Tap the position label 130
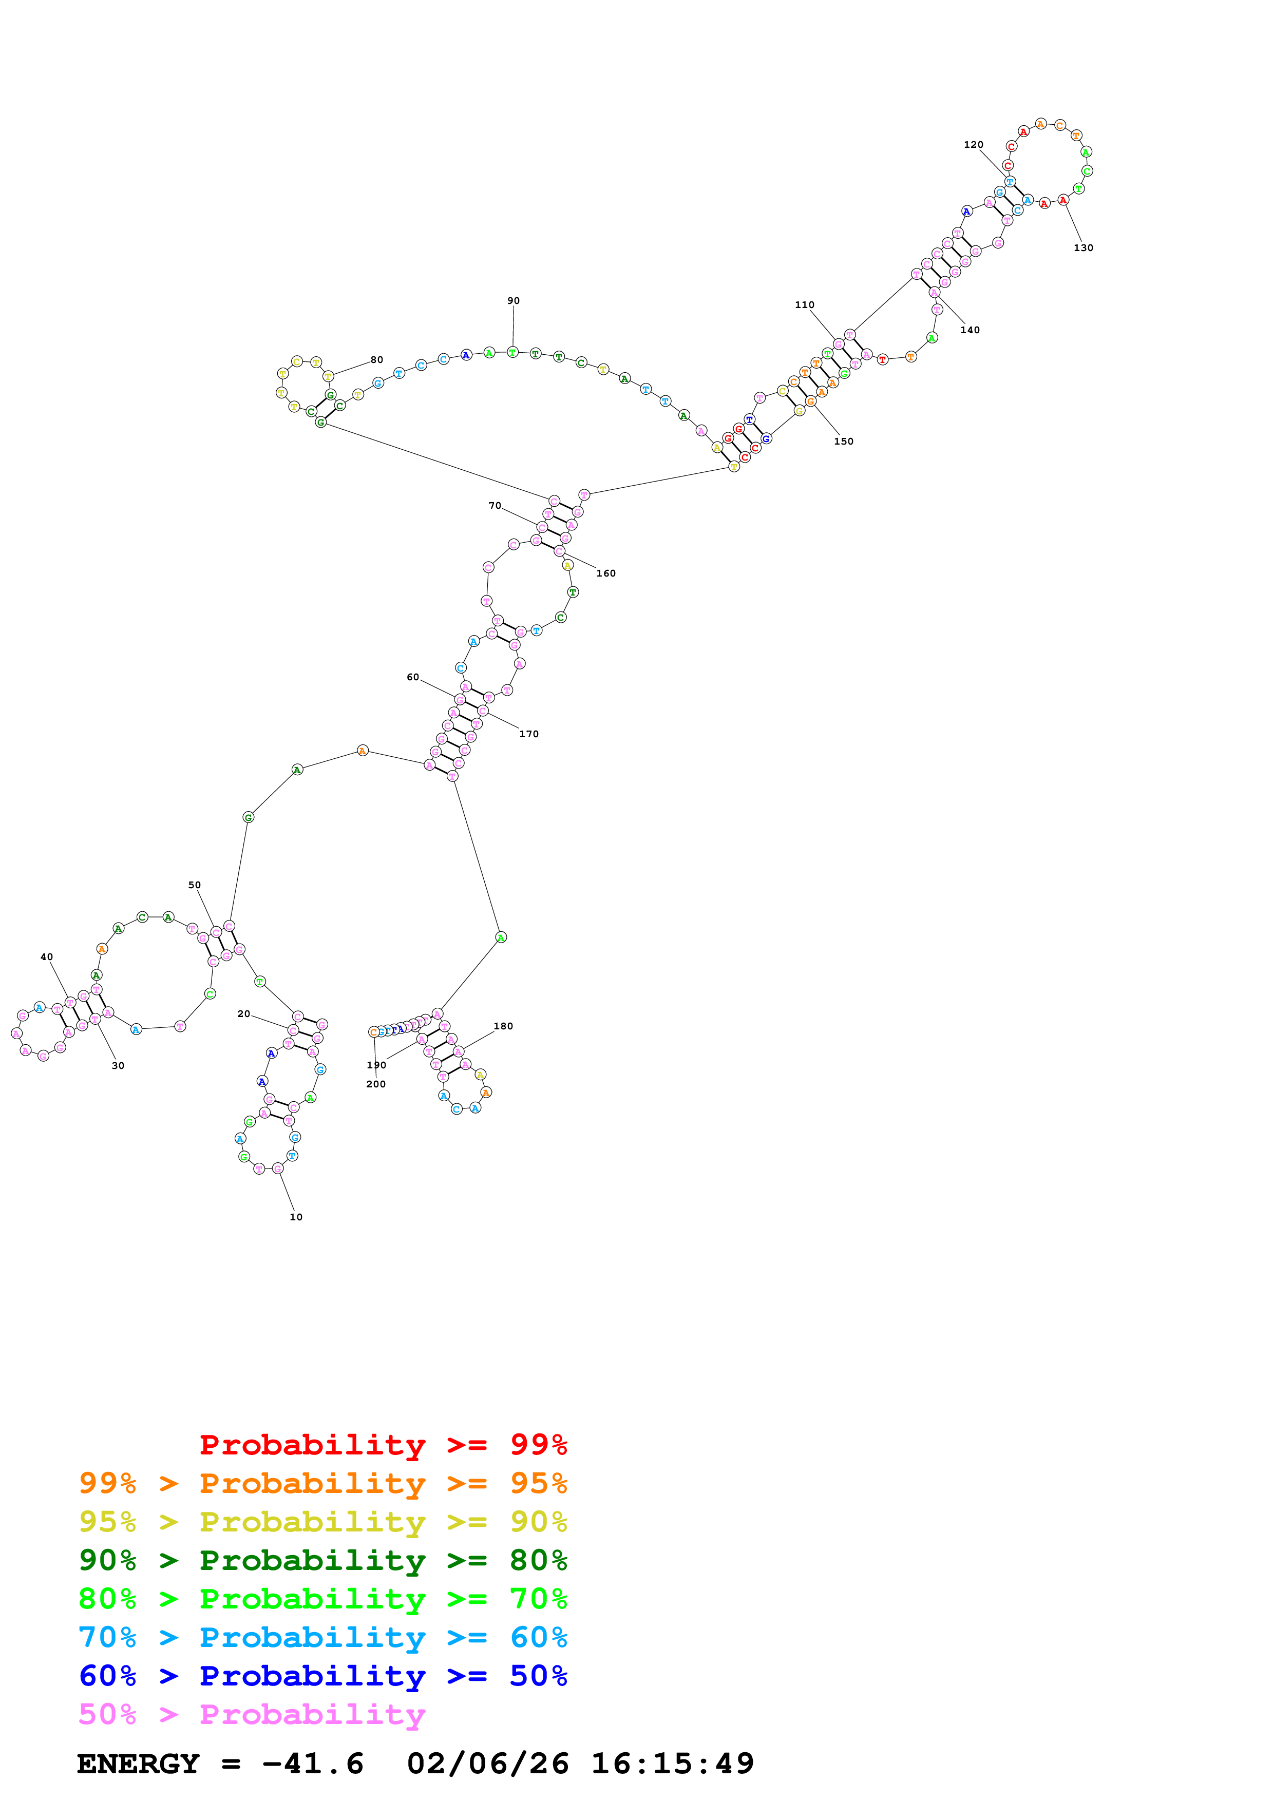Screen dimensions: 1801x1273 [x=1083, y=248]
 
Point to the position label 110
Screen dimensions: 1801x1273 [x=805, y=305]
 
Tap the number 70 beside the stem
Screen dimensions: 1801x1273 [x=495, y=506]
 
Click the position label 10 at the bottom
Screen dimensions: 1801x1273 [x=296, y=1217]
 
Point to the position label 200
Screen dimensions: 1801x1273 [x=376, y=1084]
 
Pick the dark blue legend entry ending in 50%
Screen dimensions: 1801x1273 [x=323, y=1676]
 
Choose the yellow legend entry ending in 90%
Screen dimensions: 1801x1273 [x=323, y=1522]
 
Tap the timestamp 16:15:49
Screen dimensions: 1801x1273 [x=672, y=1764]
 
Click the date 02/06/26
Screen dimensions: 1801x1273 [x=488, y=1764]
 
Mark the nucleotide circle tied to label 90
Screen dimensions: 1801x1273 [x=512, y=352]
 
